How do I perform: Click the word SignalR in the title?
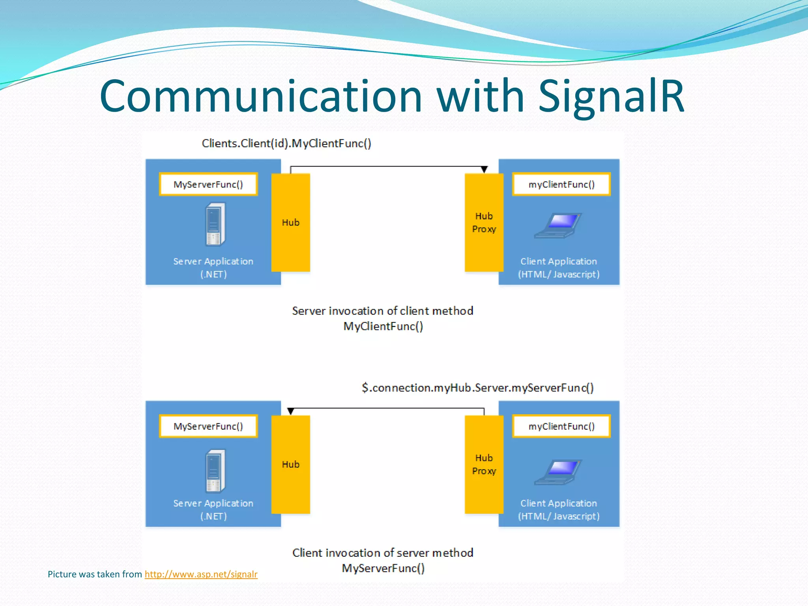(611, 97)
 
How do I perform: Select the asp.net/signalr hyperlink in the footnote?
(201, 574)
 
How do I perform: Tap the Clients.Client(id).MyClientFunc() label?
(286, 143)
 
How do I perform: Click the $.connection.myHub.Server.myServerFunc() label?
(477, 388)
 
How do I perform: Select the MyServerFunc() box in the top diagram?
(208, 184)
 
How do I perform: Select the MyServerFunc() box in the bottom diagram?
(208, 426)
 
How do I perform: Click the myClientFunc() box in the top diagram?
(561, 184)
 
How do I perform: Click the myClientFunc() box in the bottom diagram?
(561, 426)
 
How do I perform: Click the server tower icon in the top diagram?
(215, 224)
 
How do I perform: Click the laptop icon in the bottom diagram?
(558, 472)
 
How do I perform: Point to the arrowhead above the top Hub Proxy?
(484, 170)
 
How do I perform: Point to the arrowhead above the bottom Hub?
(291, 411)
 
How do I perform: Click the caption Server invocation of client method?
(382, 311)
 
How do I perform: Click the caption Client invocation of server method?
(382, 553)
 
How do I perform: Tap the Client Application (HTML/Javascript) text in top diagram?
(559, 268)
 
